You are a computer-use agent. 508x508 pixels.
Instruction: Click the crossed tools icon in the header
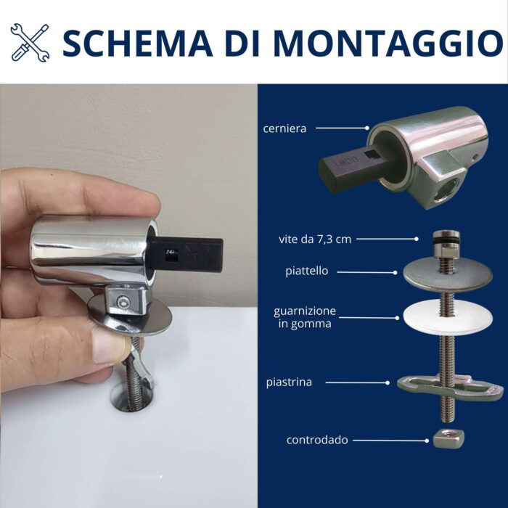tap(30, 42)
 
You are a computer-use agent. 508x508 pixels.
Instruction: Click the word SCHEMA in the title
tap(137, 43)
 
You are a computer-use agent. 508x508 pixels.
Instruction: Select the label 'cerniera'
tap(284, 128)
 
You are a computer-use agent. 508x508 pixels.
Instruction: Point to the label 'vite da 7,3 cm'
tap(315, 239)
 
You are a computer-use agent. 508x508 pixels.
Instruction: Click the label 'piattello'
tap(306, 271)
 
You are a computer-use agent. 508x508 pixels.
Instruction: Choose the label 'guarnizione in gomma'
tap(305, 318)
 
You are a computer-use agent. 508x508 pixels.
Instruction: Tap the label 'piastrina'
tap(289, 382)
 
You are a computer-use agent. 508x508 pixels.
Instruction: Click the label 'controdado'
tap(317, 440)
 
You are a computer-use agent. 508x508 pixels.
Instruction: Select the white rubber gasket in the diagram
tap(448, 318)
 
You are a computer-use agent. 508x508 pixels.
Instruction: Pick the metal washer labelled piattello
tap(448, 274)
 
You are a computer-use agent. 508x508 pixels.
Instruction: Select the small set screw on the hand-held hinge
tap(123, 302)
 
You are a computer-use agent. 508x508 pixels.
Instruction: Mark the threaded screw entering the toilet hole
tap(134, 376)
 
